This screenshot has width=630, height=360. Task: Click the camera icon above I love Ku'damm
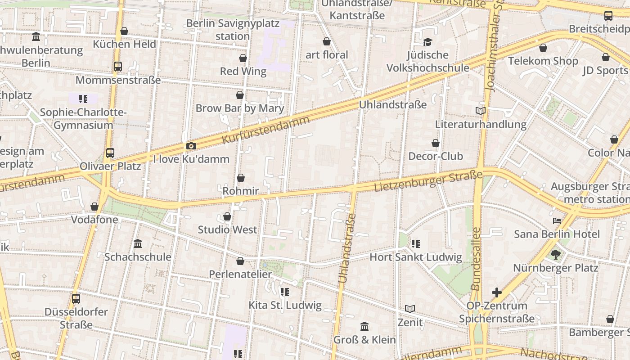coord(191,146)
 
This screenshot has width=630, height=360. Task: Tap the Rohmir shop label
coord(241,191)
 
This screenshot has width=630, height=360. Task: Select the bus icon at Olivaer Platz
coord(110,153)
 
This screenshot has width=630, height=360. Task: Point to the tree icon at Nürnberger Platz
coord(556,254)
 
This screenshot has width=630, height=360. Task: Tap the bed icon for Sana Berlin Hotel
coord(557,221)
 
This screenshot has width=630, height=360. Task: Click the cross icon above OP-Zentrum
coord(497,292)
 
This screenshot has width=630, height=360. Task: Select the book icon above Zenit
coord(409,309)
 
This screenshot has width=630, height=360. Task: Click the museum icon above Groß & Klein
coord(364,326)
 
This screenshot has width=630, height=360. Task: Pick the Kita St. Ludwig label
coord(285,305)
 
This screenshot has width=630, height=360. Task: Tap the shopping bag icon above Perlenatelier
coord(240,261)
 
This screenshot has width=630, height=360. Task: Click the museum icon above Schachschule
coord(138,243)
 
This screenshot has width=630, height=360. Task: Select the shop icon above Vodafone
coord(94,207)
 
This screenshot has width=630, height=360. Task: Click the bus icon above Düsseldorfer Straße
coord(76,298)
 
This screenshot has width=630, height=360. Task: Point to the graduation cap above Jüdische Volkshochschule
coord(427,42)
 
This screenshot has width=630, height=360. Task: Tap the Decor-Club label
coord(435,156)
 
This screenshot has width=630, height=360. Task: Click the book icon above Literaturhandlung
coord(481,111)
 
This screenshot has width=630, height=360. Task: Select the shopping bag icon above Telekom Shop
coord(543,48)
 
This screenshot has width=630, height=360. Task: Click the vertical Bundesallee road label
coord(476,259)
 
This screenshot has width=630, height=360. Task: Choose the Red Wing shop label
coord(243,71)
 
